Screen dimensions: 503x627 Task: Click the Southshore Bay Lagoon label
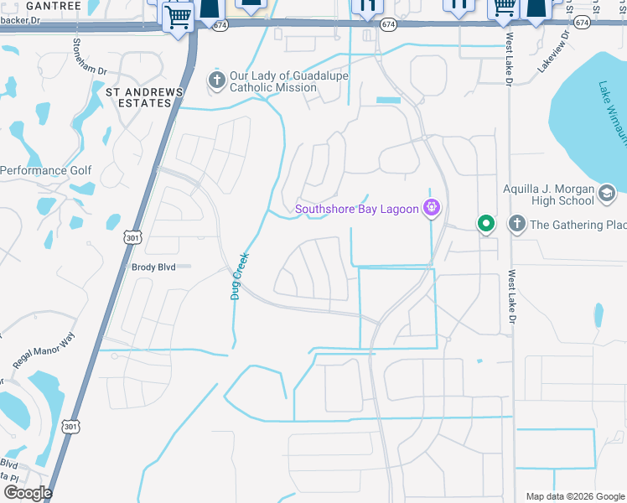pos(356,209)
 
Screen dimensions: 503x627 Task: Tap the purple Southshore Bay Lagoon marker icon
pos(433,207)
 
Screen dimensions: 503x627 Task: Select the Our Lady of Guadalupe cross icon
pos(216,80)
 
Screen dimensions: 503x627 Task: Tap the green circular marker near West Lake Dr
pos(485,224)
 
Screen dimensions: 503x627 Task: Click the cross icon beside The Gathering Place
pos(516,224)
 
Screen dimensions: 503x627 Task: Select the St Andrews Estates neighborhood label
pos(138,96)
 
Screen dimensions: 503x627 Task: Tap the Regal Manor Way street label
pos(44,350)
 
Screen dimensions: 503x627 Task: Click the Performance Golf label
pos(45,170)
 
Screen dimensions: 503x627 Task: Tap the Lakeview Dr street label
pos(553,52)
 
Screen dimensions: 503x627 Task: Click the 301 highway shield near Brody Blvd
pos(131,240)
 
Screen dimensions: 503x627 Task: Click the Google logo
pos(28,493)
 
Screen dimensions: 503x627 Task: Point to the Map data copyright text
pos(575,496)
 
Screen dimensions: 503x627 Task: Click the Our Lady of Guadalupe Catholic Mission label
pos(288,81)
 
